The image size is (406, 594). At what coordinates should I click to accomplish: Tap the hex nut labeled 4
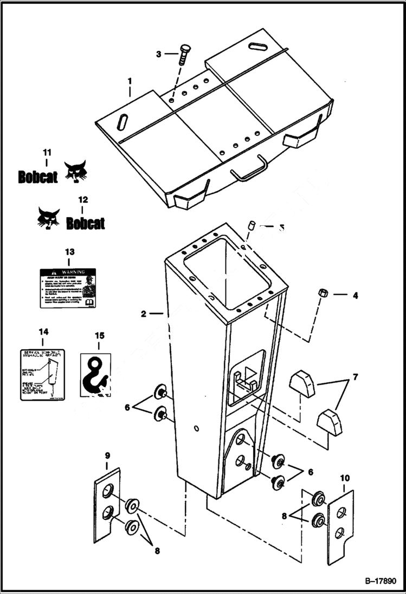[321, 294]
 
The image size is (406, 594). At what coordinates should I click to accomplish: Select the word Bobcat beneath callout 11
[37, 177]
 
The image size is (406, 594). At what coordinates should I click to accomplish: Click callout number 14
[43, 331]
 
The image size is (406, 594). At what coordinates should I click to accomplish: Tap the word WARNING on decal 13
[73, 271]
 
